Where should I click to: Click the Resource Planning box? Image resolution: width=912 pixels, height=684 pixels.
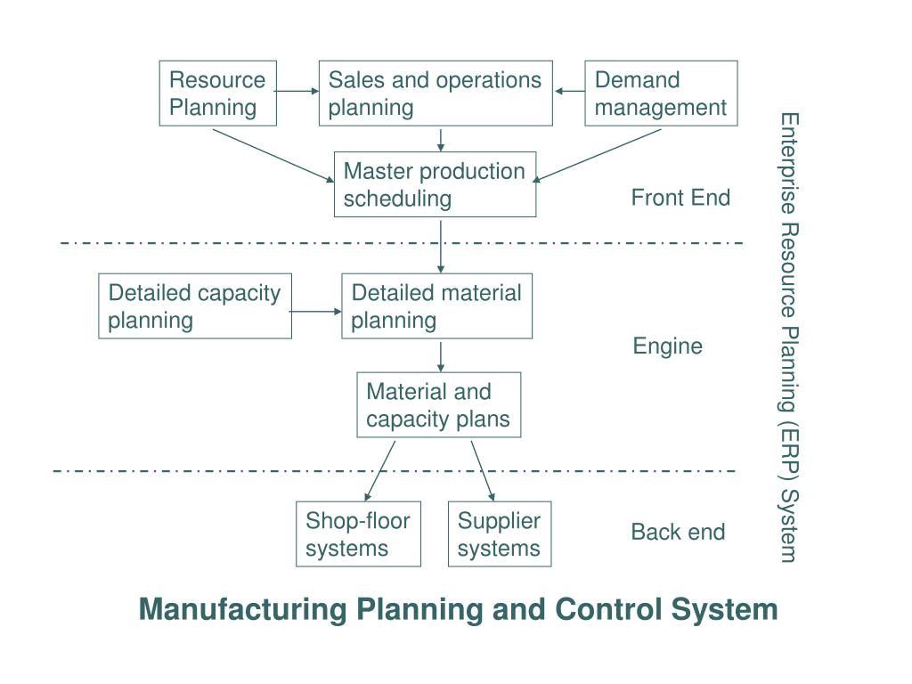pyautogui.click(x=217, y=94)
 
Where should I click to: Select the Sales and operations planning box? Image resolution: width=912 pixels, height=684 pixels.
pyautogui.click(x=436, y=94)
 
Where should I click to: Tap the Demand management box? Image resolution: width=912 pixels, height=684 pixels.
pyautogui.click(x=661, y=94)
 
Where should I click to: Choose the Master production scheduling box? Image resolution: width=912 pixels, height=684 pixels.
pyautogui.click(x=435, y=184)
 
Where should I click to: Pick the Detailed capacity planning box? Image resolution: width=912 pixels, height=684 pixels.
pyautogui.click(x=194, y=305)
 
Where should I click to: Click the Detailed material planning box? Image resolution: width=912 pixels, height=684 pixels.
pyautogui.click(x=436, y=305)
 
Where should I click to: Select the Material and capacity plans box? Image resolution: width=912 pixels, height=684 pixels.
pyautogui.click(x=438, y=405)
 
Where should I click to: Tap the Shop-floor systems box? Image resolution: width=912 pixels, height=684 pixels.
pyautogui.click(x=358, y=533)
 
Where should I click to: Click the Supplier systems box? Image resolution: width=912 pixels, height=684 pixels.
pyautogui.click(x=499, y=533)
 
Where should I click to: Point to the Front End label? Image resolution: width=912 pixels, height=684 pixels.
pyautogui.click(x=680, y=198)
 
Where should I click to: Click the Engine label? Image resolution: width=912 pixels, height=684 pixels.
pyautogui.click(x=667, y=346)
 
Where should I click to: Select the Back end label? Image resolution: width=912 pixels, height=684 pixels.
pyautogui.click(x=678, y=532)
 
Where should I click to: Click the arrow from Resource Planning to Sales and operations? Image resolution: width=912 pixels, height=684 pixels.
pyautogui.click(x=297, y=91)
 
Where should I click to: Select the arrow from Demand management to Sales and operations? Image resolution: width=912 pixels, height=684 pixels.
pyautogui.click(x=569, y=91)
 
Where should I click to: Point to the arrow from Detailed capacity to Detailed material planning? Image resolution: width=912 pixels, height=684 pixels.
pyautogui.click(x=316, y=311)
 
